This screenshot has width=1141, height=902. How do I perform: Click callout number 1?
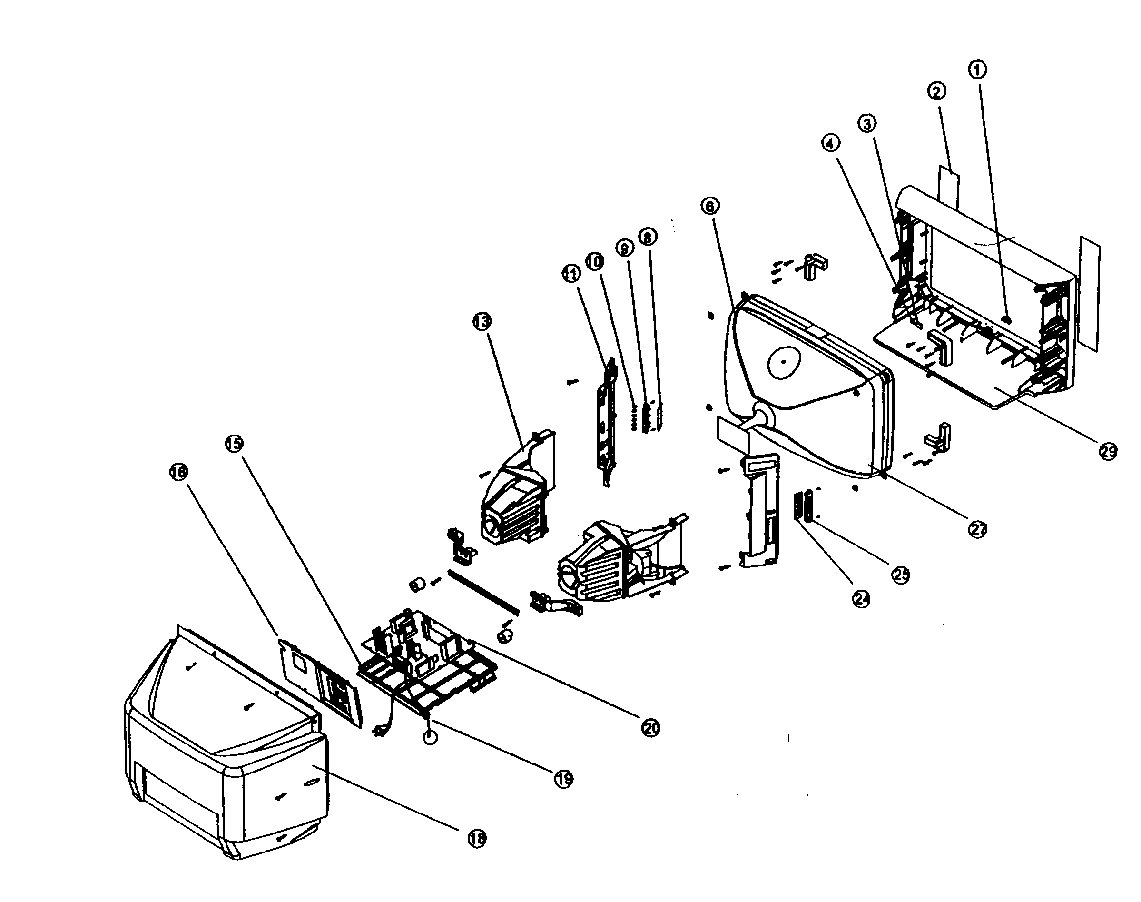[x=977, y=69]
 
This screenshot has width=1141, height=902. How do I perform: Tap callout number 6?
[x=710, y=206]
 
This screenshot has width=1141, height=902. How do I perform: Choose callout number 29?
[x=1108, y=451]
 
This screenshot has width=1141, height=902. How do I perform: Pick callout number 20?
[x=650, y=728]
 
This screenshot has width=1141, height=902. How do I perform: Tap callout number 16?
[x=178, y=472]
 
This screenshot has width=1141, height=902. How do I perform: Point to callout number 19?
[x=564, y=778]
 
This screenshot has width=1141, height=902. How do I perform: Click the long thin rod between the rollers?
[x=483, y=592]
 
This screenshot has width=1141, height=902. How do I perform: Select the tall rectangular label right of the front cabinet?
[x=1090, y=293]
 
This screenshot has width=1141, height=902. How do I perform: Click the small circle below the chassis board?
[x=430, y=737]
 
